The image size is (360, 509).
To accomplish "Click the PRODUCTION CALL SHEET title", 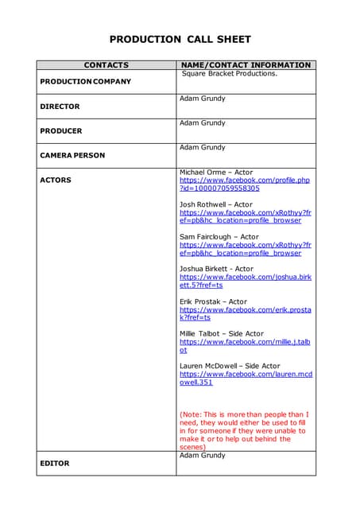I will pyautogui.click(x=180, y=39).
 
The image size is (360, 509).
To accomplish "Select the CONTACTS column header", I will pyautogui.click(x=106, y=65).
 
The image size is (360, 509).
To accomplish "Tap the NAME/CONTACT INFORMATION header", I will pyautogui.click(x=246, y=65).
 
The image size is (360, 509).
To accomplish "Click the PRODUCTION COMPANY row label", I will pyautogui.click(x=85, y=81).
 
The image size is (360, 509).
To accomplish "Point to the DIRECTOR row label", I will pyautogui.click(x=60, y=106).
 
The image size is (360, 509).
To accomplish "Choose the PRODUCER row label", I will pyautogui.click(x=60, y=130).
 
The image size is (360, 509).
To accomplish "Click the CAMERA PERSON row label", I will pyautogui.click(x=72, y=155).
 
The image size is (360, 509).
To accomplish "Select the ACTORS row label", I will pyautogui.click(x=56, y=180).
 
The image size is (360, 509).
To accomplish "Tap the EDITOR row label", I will pyautogui.click(x=55, y=463).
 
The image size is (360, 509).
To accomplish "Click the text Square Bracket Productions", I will pyautogui.click(x=229, y=74).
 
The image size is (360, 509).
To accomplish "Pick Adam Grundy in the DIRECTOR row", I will pyautogui.click(x=202, y=99).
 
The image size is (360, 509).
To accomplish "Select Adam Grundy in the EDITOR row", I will pyautogui.click(x=202, y=456).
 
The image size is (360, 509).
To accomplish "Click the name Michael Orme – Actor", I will pyautogui.click(x=216, y=172).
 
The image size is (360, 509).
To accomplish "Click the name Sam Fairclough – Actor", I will pyautogui.click(x=219, y=237).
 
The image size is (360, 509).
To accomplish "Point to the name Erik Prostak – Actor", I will pyautogui.click(x=213, y=302).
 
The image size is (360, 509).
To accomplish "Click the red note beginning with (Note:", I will pyautogui.click(x=244, y=430).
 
